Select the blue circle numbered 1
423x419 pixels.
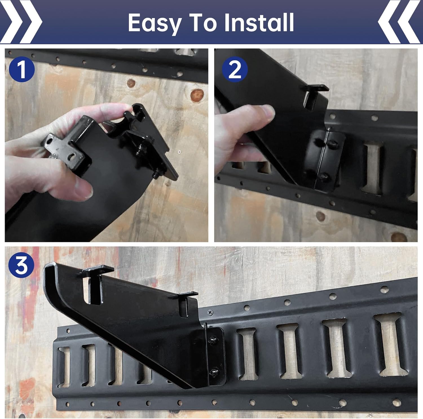click(x=21, y=69)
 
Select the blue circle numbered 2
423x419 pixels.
click(x=235, y=69)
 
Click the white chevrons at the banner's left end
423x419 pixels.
click(x=21, y=22)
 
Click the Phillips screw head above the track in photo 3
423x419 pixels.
click(x=209, y=312)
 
